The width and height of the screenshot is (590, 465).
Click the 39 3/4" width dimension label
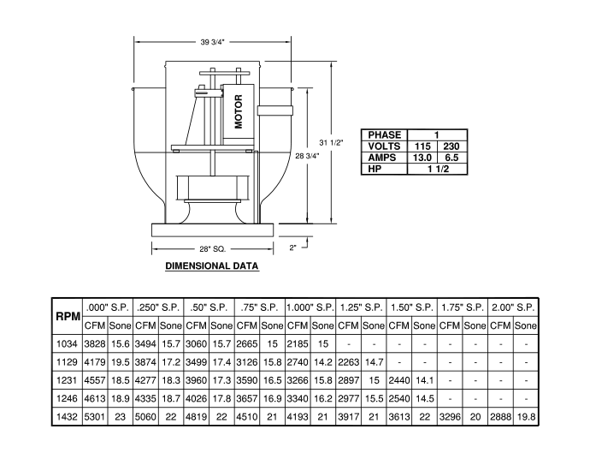(212, 42)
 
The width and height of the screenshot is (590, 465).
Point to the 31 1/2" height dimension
(332, 142)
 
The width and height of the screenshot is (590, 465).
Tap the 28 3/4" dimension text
(308, 156)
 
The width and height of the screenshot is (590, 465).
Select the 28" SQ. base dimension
(213, 248)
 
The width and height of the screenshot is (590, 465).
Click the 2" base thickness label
(292, 247)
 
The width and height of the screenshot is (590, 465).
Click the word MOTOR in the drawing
(239, 111)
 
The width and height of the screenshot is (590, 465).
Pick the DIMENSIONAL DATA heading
(212, 266)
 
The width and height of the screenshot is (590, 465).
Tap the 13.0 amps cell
(422, 158)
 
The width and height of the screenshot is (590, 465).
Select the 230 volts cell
(451, 146)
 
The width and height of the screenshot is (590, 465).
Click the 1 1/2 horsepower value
(438, 169)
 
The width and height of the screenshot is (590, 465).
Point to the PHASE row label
(385, 135)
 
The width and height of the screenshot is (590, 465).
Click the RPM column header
(68, 316)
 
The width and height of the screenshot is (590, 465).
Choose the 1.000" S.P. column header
(310, 307)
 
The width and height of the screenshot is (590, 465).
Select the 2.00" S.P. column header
(513, 307)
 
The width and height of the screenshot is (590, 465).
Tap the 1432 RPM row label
(67, 417)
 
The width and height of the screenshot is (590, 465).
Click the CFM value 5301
(95, 417)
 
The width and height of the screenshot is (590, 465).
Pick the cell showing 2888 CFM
(500, 417)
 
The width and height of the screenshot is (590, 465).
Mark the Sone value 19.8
(526, 417)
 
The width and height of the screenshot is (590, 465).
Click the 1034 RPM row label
(67, 343)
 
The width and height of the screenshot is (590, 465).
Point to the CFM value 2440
(399, 380)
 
